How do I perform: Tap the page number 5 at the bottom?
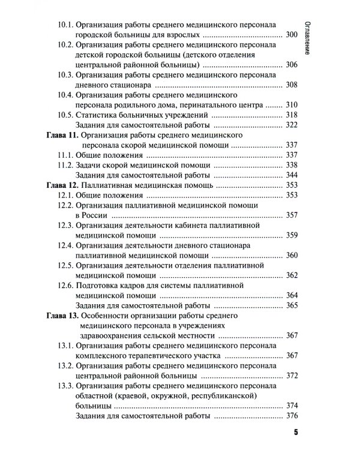pyautogui.click(x=296, y=433)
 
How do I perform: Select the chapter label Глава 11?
pyautogui.click(x=62, y=137)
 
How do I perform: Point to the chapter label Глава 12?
pyautogui.click(x=62, y=186)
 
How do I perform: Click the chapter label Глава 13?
pyautogui.click(x=62, y=315)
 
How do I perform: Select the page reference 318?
pyautogui.click(x=292, y=115)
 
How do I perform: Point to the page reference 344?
pyautogui.click(x=292, y=175)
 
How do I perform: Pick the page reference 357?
pyautogui.click(x=292, y=214)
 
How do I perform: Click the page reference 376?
pyautogui.click(x=292, y=415)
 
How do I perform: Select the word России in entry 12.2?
pyautogui.click(x=96, y=214)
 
